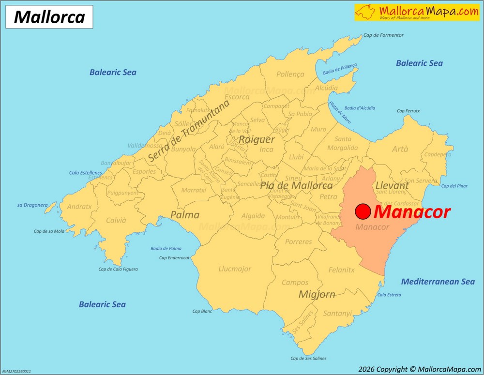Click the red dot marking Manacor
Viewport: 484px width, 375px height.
tap(363, 211)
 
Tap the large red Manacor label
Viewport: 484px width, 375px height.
tap(412, 212)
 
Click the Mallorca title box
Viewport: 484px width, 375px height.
tap(49, 17)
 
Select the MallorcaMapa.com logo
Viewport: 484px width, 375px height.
tap(417, 12)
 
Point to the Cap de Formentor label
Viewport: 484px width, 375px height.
tap(383, 35)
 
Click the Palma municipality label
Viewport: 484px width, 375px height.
tap(185, 215)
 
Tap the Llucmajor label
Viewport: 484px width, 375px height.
tap(235, 269)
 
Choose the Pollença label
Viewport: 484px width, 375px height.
tap(290, 74)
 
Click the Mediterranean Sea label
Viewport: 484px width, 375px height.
tap(438, 281)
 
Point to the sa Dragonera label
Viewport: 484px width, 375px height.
tap(32, 205)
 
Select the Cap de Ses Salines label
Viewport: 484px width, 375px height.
tap(308, 359)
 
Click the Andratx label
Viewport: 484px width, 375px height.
tap(79, 207)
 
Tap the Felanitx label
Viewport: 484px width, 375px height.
tap(341, 270)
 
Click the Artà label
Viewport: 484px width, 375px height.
tap(400, 149)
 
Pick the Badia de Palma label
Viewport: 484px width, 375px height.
tap(166, 248)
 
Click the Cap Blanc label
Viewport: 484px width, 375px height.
tap(202, 311)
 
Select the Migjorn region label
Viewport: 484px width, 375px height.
tap(317, 294)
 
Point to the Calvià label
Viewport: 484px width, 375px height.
tap(116, 220)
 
